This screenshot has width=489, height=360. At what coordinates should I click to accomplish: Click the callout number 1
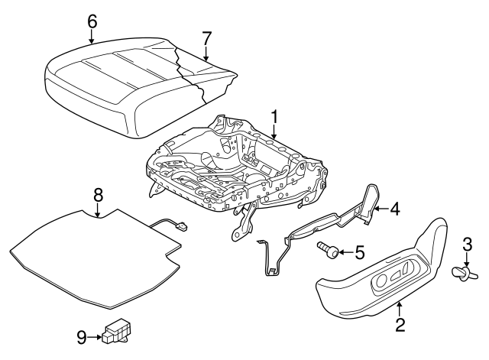274,117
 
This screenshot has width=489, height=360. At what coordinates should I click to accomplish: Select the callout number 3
467,245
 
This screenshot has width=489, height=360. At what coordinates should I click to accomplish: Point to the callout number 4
394,208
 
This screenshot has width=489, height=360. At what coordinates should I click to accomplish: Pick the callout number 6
92,21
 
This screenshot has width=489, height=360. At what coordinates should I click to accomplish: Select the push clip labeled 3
462,271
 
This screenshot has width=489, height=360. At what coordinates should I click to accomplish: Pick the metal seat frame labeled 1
237,168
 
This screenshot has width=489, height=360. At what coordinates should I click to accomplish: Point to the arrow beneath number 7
206,54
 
